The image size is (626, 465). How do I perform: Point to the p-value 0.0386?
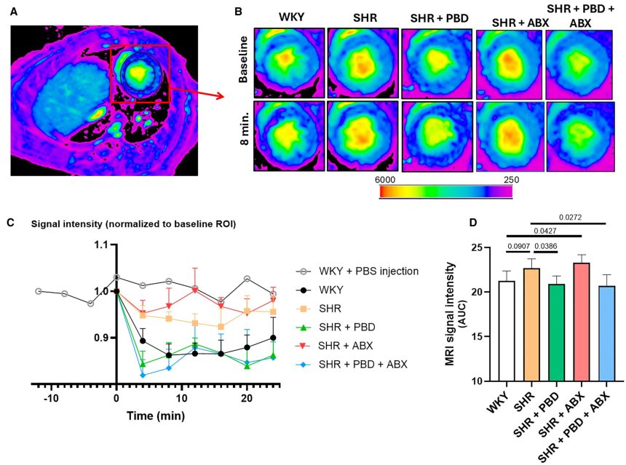coord(545,247)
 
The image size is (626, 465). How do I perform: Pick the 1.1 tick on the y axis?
coord(105,245)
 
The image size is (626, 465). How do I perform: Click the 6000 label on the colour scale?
coord(385,180)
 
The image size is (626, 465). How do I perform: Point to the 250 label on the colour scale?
coord(507,180)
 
